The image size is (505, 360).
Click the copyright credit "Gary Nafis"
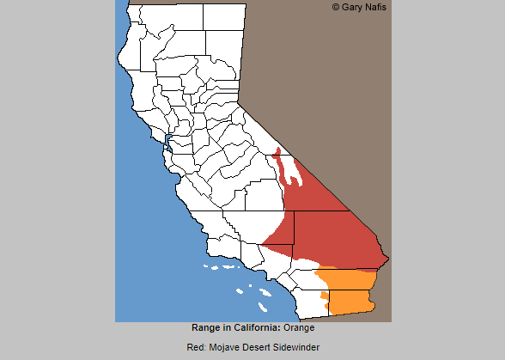coord(366,7)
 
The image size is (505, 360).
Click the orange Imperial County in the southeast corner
coord(350,301)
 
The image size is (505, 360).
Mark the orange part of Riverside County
coord(348,279)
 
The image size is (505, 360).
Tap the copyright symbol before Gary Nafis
coord(336,7)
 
